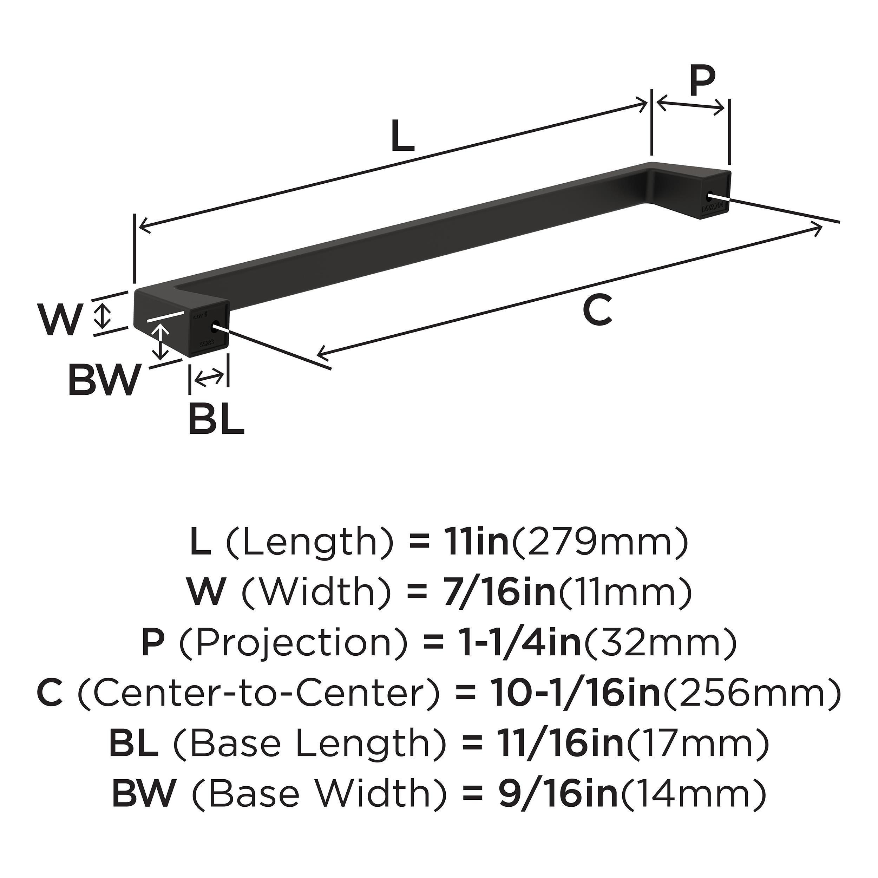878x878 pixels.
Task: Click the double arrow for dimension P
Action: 691,107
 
